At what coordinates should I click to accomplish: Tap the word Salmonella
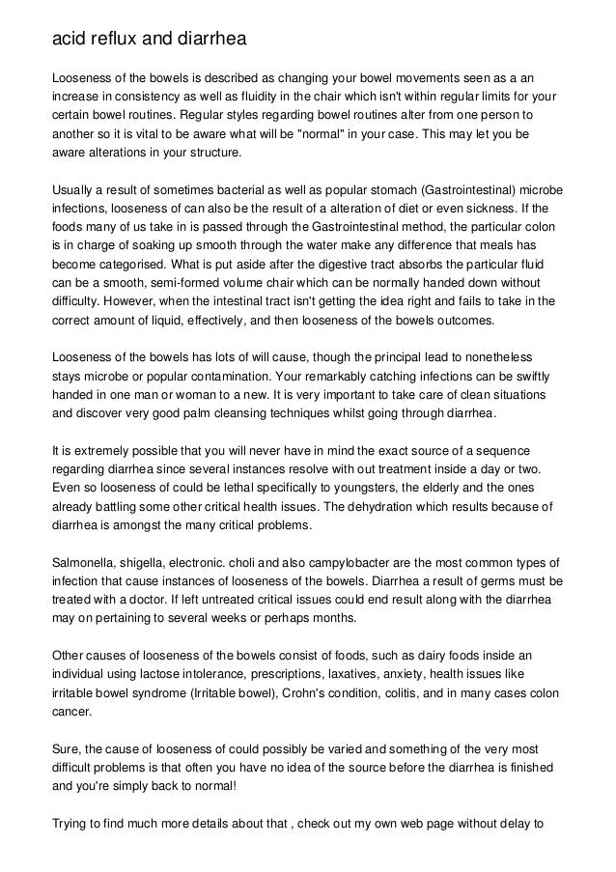click(x=85, y=561)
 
